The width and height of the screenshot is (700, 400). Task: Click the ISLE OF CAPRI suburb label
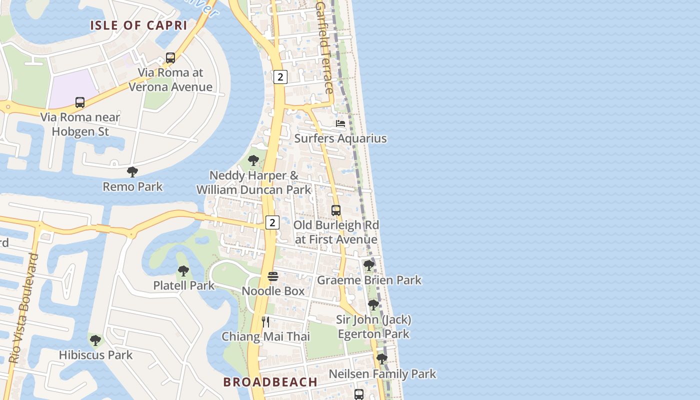pyautogui.click(x=138, y=25)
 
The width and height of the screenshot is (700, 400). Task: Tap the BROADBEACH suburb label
pyautogui.click(x=270, y=382)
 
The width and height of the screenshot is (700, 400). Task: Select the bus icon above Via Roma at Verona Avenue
pyautogui.click(x=170, y=57)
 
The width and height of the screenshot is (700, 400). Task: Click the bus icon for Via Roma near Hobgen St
pyautogui.click(x=80, y=102)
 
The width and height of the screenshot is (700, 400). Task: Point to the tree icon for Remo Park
pyautogui.click(x=132, y=172)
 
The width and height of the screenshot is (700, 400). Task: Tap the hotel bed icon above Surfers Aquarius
pyautogui.click(x=340, y=123)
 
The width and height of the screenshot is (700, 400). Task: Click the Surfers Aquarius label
pyautogui.click(x=340, y=138)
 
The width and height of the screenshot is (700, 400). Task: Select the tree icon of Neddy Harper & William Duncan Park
pyautogui.click(x=253, y=160)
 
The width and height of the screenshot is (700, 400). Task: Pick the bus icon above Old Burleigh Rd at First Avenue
pyautogui.click(x=336, y=210)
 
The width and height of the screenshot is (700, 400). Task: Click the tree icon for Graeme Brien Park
pyautogui.click(x=369, y=265)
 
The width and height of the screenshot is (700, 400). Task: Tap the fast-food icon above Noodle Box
pyautogui.click(x=273, y=276)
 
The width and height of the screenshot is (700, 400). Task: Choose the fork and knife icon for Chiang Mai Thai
pyautogui.click(x=265, y=321)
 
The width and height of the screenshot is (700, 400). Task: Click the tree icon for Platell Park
pyautogui.click(x=183, y=271)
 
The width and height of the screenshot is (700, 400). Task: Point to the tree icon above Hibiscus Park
pyautogui.click(x=95, y=340)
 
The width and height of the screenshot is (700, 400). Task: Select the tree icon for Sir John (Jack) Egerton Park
pyautogui.click(x=373, y=304)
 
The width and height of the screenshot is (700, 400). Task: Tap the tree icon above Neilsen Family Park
pyautogui.click(x=382, y=358)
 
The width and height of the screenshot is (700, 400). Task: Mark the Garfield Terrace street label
pyautogui.click(x=325, y=47)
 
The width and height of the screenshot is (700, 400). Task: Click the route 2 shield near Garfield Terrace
pyautogui.click(x=280, y=77)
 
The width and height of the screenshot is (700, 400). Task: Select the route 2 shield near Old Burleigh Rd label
pyautogui.click(x=272, y=222)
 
